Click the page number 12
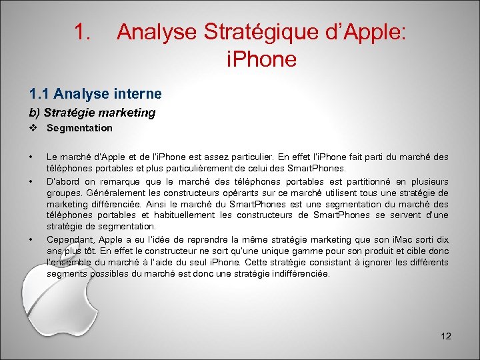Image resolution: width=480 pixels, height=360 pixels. pyautogui.click(x=446, y=336)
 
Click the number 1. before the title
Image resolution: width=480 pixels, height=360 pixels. pyautogui.click(x=83, y=31)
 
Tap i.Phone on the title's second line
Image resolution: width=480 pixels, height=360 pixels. pyautogui.click(x=261, y=59)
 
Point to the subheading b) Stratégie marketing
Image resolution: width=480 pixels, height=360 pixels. pyautogui.click(x=92, y=113)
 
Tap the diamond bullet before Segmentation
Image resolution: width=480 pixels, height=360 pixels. pyautogui.click(x=32, y=128)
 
